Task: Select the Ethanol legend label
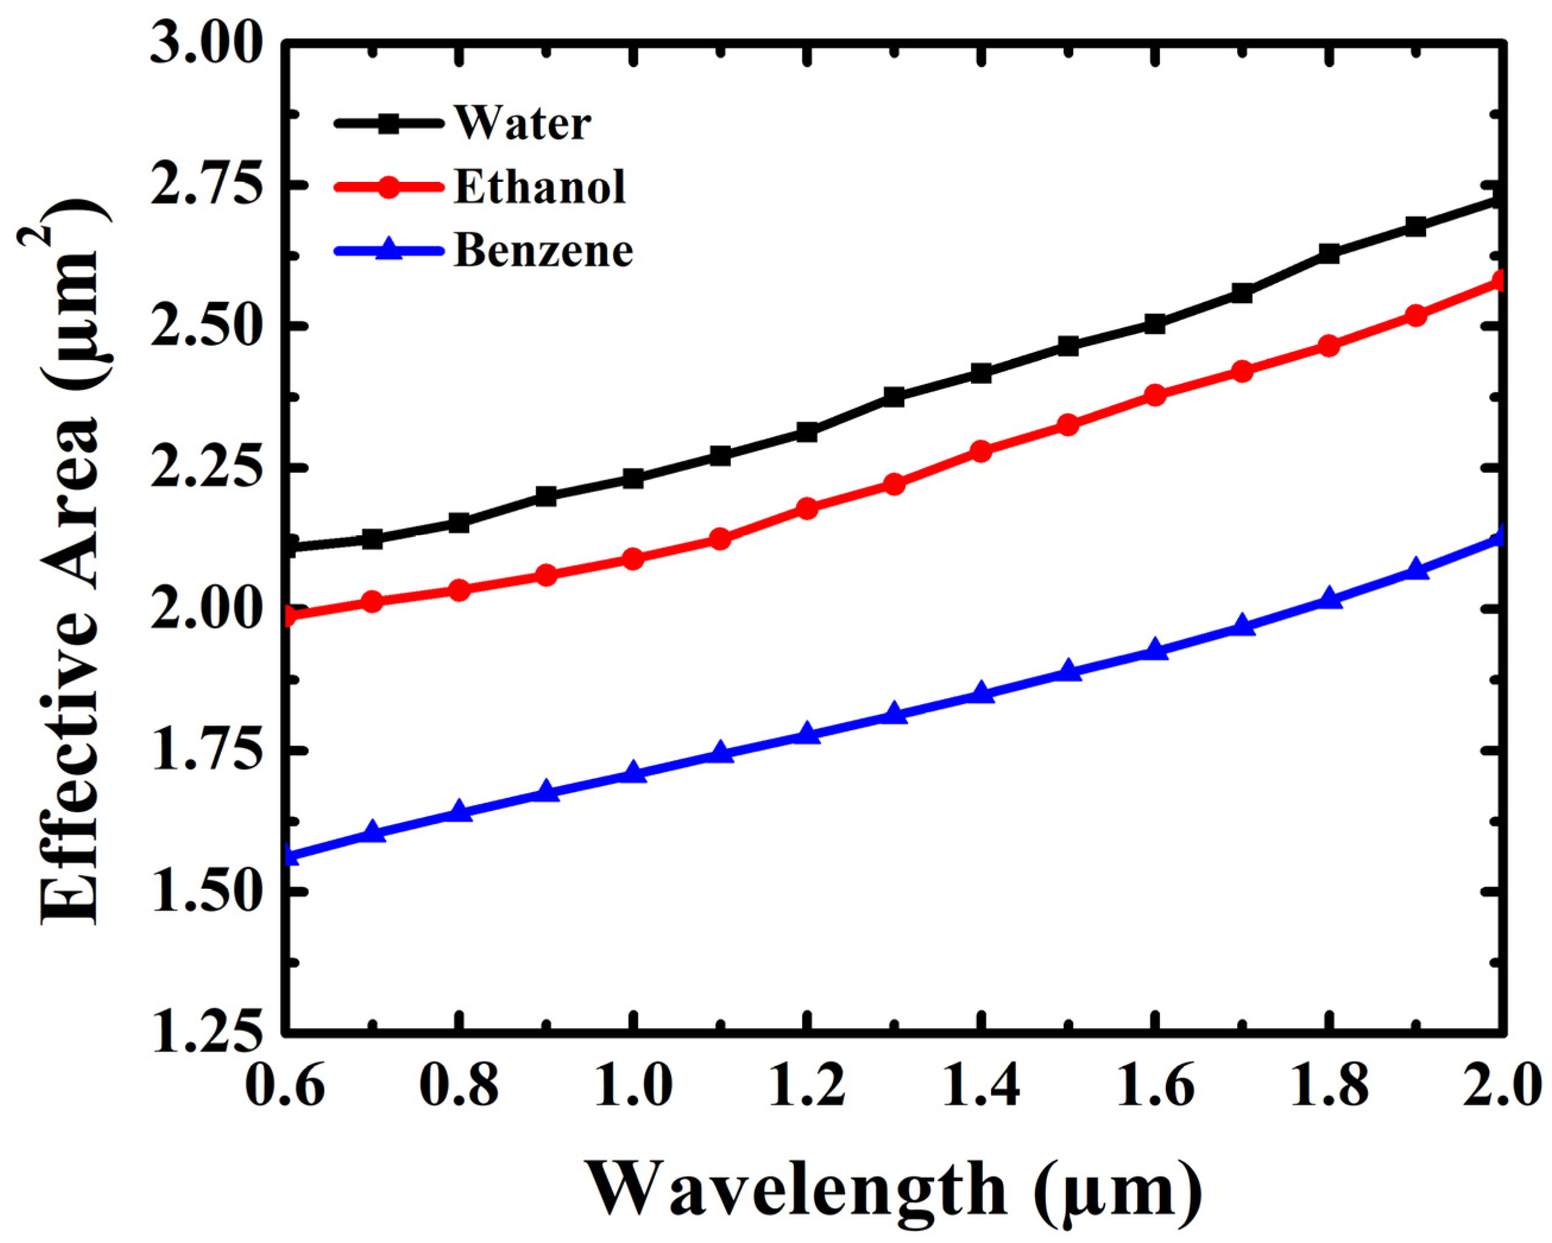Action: click(540, 187)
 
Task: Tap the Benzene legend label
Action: click(544, 251)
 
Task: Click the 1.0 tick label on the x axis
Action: click(633, 1087)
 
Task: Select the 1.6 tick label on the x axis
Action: click(1154, 1087)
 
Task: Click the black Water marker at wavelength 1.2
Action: click(807, 433)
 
